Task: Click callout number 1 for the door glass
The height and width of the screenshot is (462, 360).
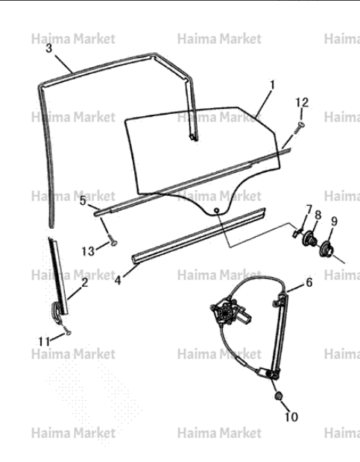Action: tap(273, 85)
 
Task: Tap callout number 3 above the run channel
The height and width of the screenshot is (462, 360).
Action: tap(49, 48)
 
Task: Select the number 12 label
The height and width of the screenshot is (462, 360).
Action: tap(302, 102)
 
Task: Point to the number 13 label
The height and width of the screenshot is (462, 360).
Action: tap(88, 251)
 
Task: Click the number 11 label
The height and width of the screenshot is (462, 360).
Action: tap(45, 341)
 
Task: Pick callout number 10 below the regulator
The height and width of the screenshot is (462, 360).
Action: tap(291, 417)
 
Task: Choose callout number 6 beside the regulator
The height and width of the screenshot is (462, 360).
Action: tap(309, 282)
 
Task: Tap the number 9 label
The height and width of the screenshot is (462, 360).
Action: tap(334, 221)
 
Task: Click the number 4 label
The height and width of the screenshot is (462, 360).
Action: tap(118, 280)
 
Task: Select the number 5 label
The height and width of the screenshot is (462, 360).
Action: tap(83, 200)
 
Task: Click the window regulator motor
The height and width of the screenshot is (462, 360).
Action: tap(231, 312)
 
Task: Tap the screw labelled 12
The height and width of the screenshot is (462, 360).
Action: tap(298, 128)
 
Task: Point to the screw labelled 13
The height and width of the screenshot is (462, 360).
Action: tap(112, 240)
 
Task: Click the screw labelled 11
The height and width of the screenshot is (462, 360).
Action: tap(67, 331)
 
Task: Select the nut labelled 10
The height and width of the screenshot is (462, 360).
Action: tap(278, 396)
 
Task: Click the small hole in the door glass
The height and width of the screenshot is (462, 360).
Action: tap(217, 210)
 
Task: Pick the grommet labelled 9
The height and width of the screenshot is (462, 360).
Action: tap(326, 250)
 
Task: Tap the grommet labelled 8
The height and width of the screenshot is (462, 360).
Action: tap(309, 238)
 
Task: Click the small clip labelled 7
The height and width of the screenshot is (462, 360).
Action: tap(297, 232)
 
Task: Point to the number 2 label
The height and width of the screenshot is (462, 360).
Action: tap(85, 282)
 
